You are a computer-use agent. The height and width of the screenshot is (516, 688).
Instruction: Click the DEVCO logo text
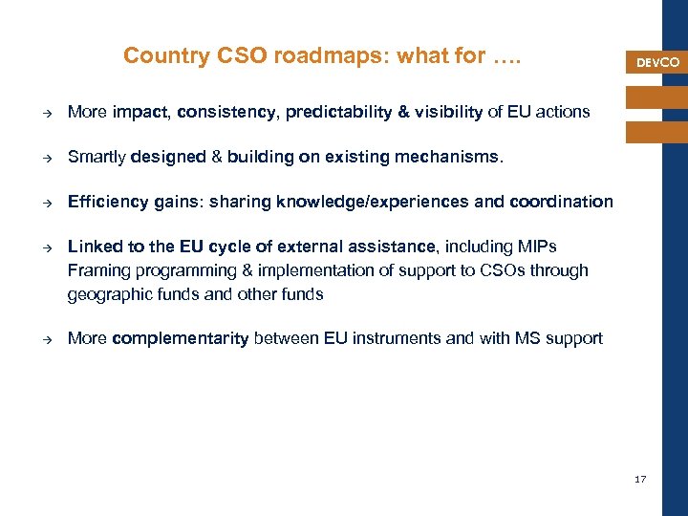coord(657,63)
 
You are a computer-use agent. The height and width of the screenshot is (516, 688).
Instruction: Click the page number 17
coord(640,479)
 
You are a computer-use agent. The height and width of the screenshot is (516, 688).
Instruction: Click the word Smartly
coord(95,157)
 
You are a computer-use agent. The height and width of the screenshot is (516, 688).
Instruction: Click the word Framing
coord(96,270)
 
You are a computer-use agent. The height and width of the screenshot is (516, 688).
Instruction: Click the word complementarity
coord(181,338)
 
